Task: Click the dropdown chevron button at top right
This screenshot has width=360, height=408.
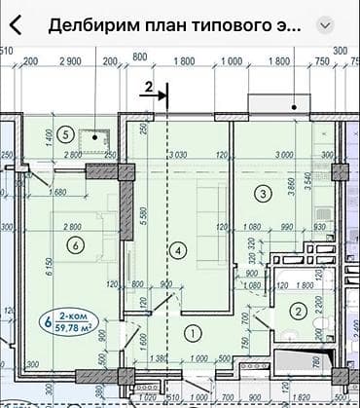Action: point(326,24)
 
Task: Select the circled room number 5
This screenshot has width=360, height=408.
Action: point(65,134)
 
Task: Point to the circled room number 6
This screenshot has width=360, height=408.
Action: point(74,245)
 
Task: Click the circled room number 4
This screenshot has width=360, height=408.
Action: point(176,249)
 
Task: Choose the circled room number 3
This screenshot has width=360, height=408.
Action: point(264,193)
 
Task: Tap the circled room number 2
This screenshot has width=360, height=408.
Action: point(298,312)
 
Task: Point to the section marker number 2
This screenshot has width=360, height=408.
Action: point(149,88)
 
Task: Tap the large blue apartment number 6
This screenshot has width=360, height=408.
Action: point(47,319)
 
